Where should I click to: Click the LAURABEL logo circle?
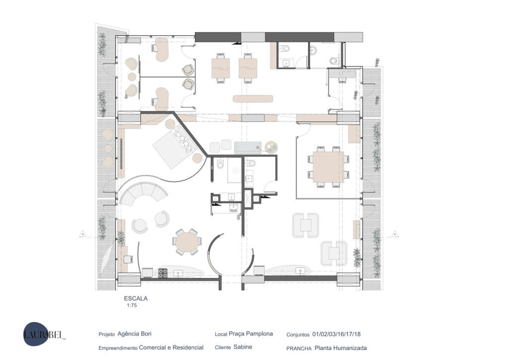tap(35, 334)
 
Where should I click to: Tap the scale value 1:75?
tap(132, 305)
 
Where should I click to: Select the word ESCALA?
tap(136, 298)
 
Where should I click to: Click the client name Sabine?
tap(243, 347)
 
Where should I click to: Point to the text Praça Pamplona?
tap(251, 334)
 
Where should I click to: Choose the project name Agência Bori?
tap(134, 334)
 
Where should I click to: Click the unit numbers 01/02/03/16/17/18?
tap(337, 334)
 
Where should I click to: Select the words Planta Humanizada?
tap(340, 348)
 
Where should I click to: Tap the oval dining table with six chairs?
tap(187, 242)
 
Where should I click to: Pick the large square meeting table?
tap(329, 167)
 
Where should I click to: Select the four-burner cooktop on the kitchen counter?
tap(163, 273)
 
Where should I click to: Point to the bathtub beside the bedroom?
tap(248, 148)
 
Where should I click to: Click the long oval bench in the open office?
tap(253, 98)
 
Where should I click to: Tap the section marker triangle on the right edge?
tap(395, 233)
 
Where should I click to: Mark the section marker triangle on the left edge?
tap(83, 233)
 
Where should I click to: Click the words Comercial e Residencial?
tap(171, 348)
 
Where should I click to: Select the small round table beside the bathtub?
tap(271, 147)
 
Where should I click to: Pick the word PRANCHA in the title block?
tap(299, 348)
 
